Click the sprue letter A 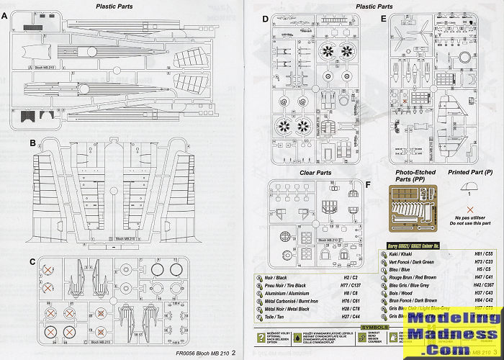6,17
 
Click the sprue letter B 33,144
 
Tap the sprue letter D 266,19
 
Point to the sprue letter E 384,19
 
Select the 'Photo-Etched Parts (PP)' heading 415,177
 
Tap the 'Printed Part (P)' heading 470,173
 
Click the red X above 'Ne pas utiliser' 470,209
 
